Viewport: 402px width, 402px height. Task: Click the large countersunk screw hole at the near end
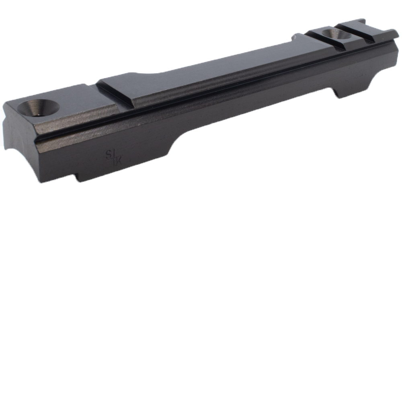coord(39,107)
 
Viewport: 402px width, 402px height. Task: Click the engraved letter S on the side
coord(108,155)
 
